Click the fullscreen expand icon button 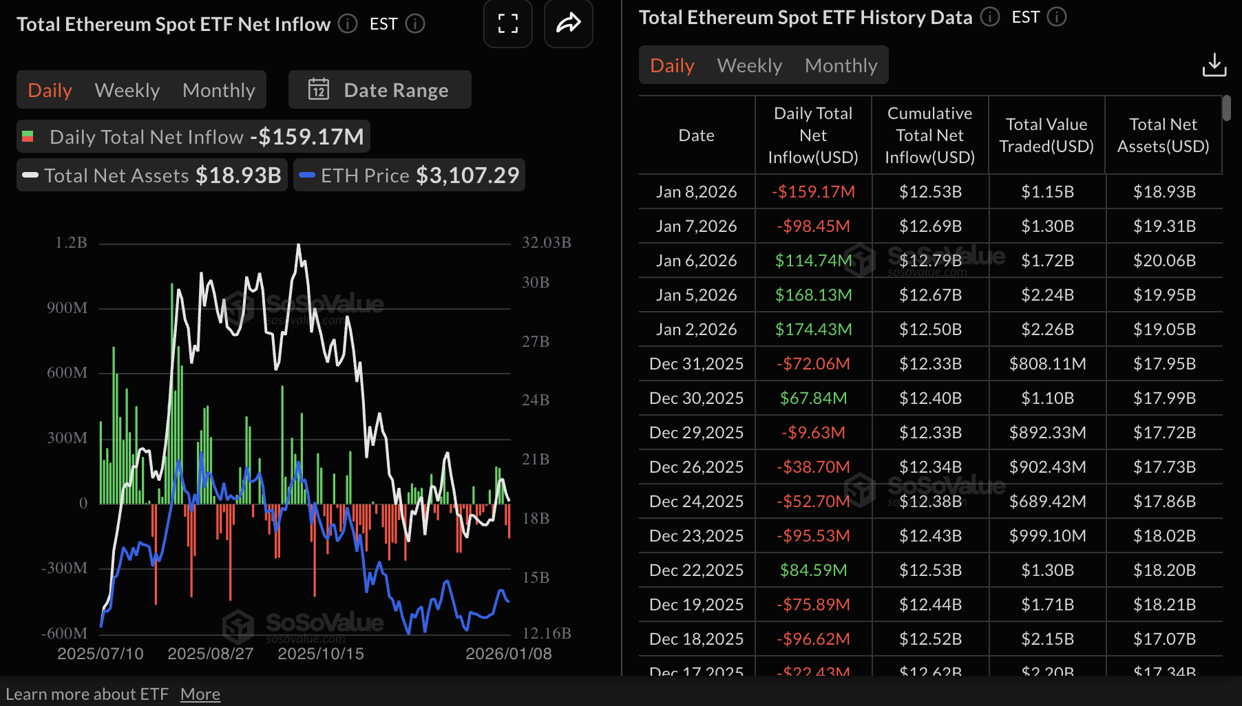point(508,24)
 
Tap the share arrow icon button point(569,24)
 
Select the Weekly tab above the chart point(127,90)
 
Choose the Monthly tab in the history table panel point(841,65)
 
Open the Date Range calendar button point(379,90)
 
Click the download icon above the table point(1214,65)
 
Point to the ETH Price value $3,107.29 point(467,175)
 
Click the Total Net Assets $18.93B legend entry point(152,175)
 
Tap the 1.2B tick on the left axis point(71,243)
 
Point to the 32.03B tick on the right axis point(546,243)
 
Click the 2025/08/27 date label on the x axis point(211,654)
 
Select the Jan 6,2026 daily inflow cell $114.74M point(813,261)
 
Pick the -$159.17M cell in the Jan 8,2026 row point(813,192)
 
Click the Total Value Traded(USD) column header point(1046,136)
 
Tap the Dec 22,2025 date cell point(696,570)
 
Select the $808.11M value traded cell point(1046,364)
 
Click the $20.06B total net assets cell point(1164,261)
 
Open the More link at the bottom point(200,694)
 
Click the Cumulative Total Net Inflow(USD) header point(929,136)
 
